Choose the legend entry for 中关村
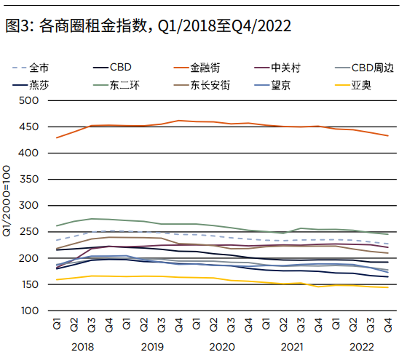(x=285, y=68)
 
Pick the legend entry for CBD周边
(x=371, y=68)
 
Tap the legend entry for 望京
(x=285, y=84)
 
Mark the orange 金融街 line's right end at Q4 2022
(x=387, y=136)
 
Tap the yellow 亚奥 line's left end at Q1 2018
(x=56, y=280)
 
